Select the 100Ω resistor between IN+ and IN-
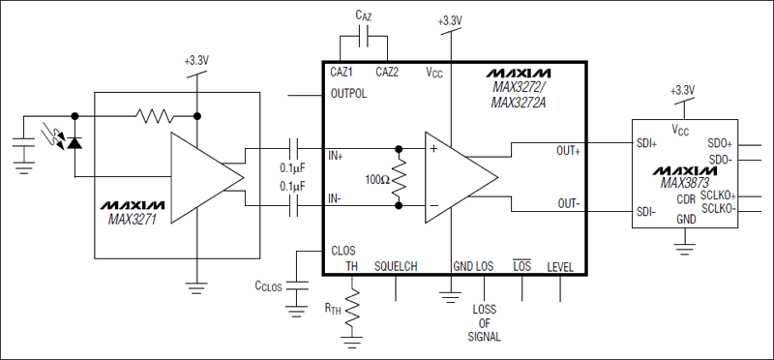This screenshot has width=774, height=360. coord(398,179)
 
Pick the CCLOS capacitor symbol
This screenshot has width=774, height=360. coord(294,285)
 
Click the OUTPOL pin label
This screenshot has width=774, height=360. coord(350,95)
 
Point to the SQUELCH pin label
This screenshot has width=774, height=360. coord(395,267)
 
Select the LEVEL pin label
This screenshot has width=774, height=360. coord(561,267)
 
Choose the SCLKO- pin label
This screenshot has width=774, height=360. coord(718,208)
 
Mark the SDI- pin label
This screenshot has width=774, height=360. coord(646,212)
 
